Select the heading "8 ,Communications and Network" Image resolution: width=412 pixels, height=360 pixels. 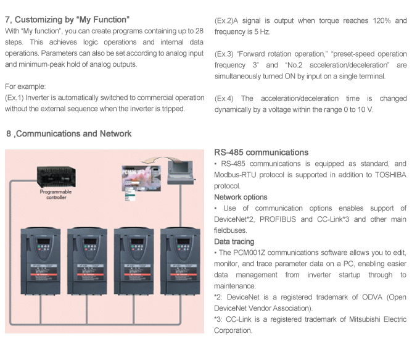[68, 133]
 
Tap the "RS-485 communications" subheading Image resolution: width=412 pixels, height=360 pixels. [261, 153]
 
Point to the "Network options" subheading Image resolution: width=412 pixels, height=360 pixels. [241, 197]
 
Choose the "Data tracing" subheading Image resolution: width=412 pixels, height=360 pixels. [234, 241]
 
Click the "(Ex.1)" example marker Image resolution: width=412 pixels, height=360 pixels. [15, 98]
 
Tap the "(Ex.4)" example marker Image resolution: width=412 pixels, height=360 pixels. [225, 99]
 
